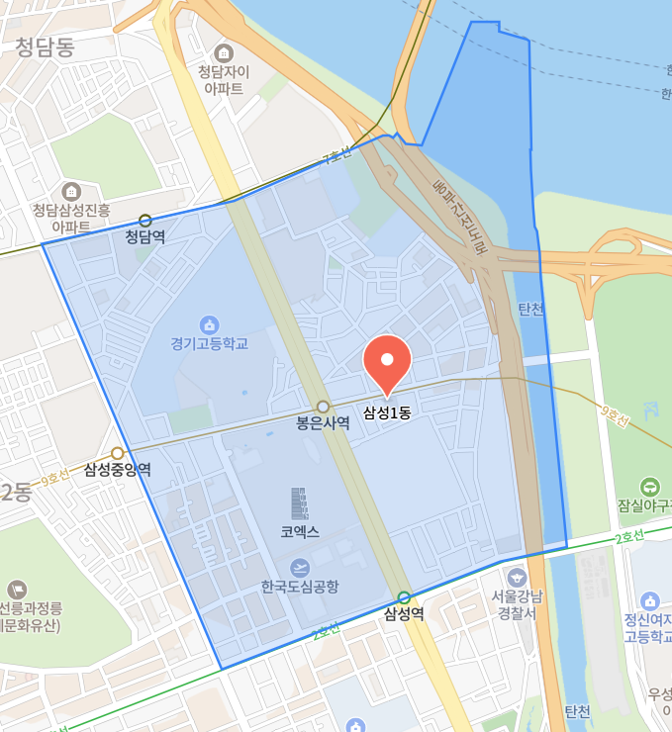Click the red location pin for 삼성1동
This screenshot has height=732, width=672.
pos(387,363)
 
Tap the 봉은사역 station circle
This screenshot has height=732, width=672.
pos(323,407)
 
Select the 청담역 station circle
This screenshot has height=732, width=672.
pos(145,221)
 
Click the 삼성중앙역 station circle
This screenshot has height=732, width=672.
pos(117,453)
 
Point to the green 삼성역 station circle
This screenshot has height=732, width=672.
pos(404,596)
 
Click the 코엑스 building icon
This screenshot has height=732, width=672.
pos(299,503)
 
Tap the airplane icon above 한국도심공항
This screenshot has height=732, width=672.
pos(299,567)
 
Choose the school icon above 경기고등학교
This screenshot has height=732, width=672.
pos(209,324)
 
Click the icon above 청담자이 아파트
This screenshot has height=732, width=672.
pos(224,51)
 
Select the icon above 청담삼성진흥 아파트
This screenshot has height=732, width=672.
pos(71,191)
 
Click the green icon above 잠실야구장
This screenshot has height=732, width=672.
pos(649,486)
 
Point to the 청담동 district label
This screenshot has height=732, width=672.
pos(46,46)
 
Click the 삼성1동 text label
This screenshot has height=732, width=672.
pos(387,412)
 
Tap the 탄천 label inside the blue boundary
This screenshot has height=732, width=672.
pos(531,310)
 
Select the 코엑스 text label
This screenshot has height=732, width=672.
pos(300,532)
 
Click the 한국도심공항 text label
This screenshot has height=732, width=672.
pos(300,587)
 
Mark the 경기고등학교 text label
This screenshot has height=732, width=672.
pos(209,344)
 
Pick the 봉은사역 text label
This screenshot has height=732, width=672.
pos(323,423)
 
